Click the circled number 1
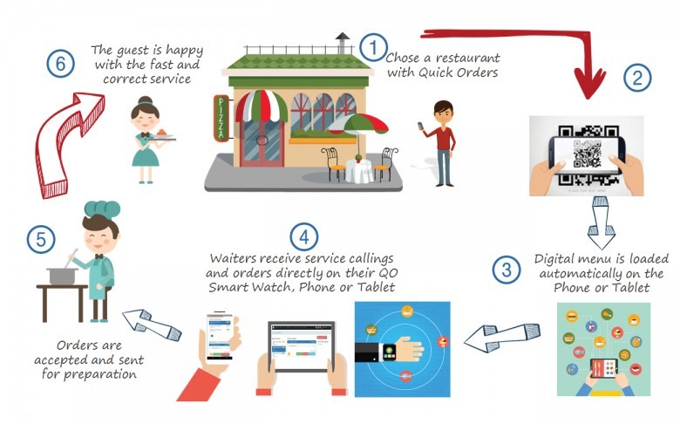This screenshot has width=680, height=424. coord(373,47)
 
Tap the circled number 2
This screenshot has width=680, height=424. coord(637,78)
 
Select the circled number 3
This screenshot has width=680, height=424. coord(507,270)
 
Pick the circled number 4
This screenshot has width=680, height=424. coord(303,236)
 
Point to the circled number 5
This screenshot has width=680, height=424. coord(41,239)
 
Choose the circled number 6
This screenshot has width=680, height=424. coord(60,64)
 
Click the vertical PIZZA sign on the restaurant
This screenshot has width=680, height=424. coord(221,119)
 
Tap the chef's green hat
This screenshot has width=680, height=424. coord(102,209)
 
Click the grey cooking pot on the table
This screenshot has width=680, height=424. coord(63,275)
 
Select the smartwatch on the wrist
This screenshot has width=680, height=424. coord(389,351)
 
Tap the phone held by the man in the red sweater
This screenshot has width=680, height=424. coord(420,126)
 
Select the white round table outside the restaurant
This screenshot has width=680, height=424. coord(359,170)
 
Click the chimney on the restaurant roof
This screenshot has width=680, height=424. coord(342,43)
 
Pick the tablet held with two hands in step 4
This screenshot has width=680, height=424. coord(302,346)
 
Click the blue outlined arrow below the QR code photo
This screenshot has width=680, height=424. coord(601,222)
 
